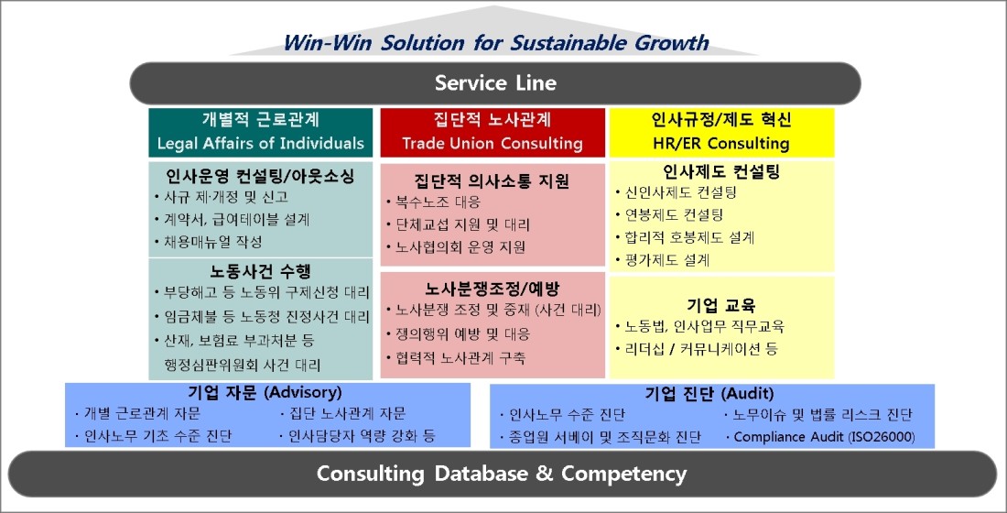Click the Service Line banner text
(495, 83)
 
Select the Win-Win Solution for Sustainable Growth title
(496, 43)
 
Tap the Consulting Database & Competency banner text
(502, 474)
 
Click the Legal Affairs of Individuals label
(261, 143)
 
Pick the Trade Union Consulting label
(493, 143)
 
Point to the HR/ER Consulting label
(721, 143)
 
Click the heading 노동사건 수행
(260, 271)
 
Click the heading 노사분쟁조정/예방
(492, 289)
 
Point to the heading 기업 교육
(720, 305)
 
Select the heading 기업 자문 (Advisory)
(265, 392)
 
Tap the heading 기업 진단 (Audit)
(709, 393)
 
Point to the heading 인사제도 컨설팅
(721, 171)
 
